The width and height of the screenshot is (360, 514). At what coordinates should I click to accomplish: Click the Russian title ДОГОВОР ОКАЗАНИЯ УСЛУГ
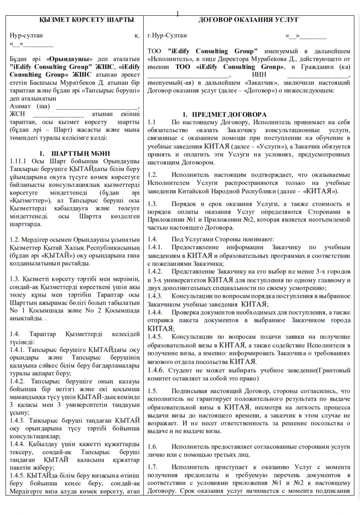[x=249, y=20]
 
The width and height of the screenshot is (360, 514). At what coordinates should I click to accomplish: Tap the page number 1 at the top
[x=178, y=14]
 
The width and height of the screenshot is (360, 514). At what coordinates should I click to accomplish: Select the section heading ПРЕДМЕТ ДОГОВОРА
[x=229, y=115]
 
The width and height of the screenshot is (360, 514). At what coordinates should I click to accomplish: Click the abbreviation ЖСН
[x=17, y=114]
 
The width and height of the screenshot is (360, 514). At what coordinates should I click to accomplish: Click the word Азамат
[x=20, y=106]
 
